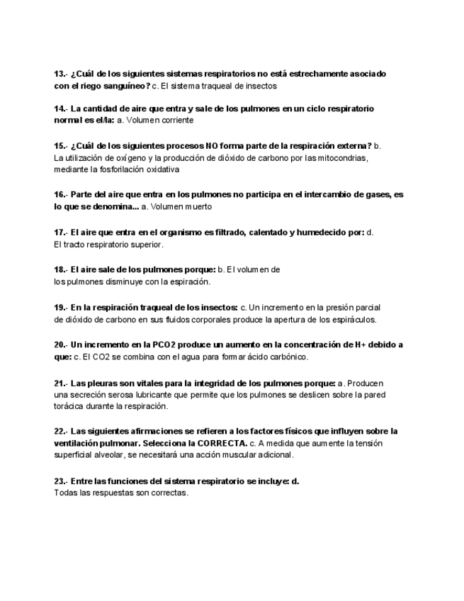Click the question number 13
60,74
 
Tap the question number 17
60,232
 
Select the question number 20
60,345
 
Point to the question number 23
60,481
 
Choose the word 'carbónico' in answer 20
288,356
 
